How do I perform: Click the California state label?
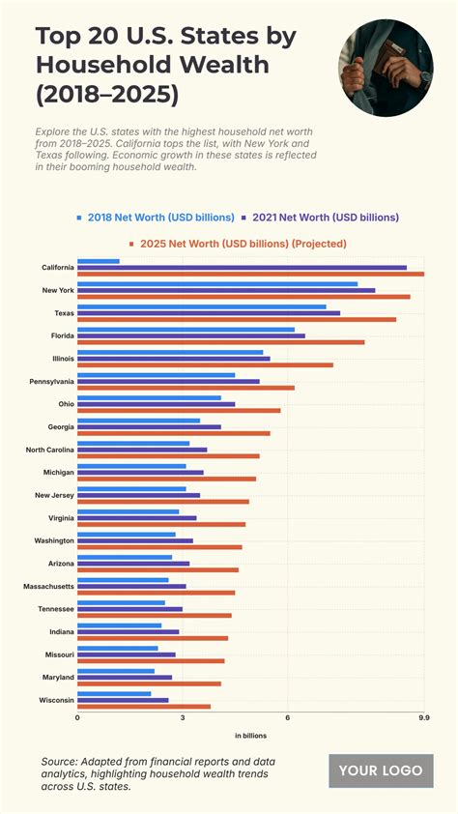58,267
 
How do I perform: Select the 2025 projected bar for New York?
243,297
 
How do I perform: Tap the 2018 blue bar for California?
99,261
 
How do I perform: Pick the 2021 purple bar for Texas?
209,312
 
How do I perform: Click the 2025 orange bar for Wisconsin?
144,707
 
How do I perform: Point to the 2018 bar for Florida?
186,330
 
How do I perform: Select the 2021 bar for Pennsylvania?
168,381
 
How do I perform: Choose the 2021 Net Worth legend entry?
324,218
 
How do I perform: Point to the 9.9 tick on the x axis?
423,718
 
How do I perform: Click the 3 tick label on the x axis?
183,718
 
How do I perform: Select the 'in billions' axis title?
250,737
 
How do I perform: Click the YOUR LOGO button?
381,770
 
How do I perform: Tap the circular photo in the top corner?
386,69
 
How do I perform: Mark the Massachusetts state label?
48,586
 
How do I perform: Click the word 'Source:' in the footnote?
60,763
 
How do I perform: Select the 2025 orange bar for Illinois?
205,364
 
